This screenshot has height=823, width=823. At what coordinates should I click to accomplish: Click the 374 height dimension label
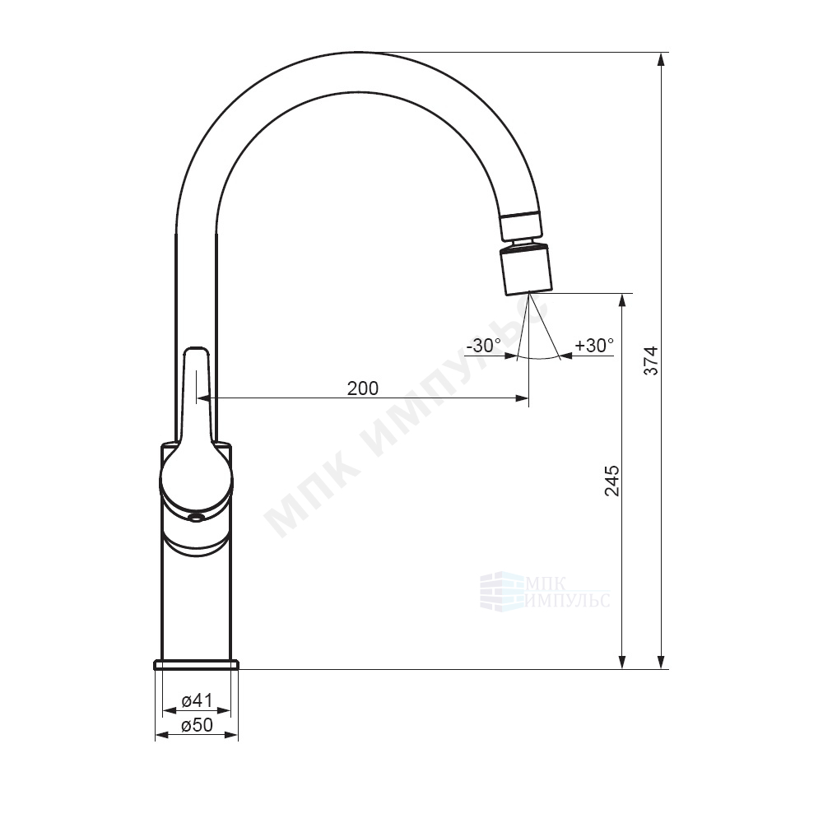[x=651, y=360]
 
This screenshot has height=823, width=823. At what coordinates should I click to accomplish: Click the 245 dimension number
[x=612, y=481]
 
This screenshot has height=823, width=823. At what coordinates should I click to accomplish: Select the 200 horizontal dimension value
[x=363, y=388]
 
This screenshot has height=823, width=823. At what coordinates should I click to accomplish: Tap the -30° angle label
[x=483, y=346]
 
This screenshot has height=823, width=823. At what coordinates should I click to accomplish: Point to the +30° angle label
[x=594, y=346]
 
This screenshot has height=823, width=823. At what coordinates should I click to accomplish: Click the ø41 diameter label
[x=197, y=700]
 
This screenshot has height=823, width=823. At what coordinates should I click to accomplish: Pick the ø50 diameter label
[x=197, y=725]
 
